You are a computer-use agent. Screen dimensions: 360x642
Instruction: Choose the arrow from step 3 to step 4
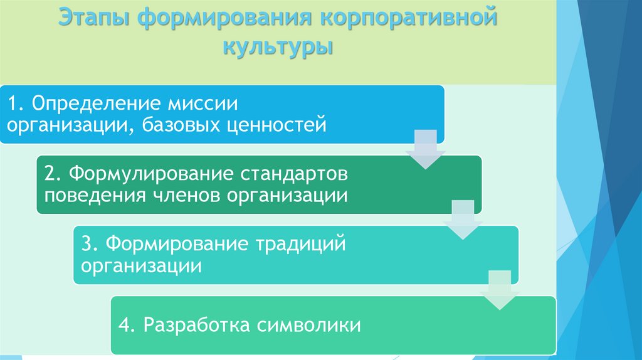(x=500, y=290)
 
